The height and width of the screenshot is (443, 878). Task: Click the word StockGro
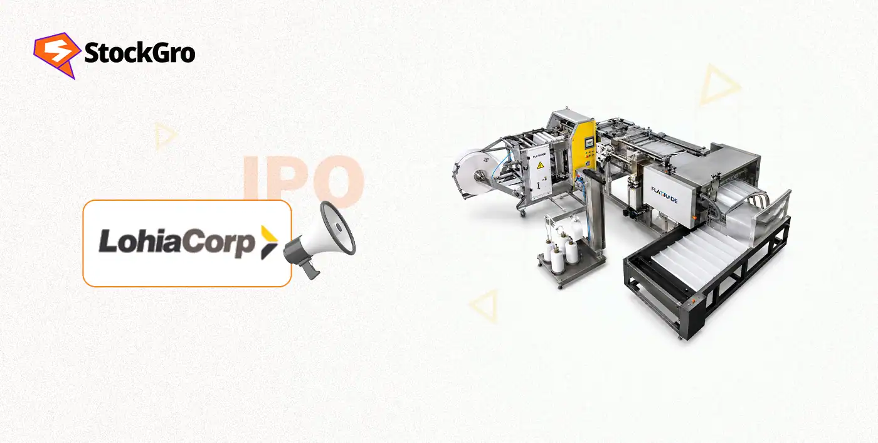point(140,53)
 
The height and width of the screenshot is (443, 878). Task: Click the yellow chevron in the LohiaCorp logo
point(269,243)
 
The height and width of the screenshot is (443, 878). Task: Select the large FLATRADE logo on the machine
point(664,195)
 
